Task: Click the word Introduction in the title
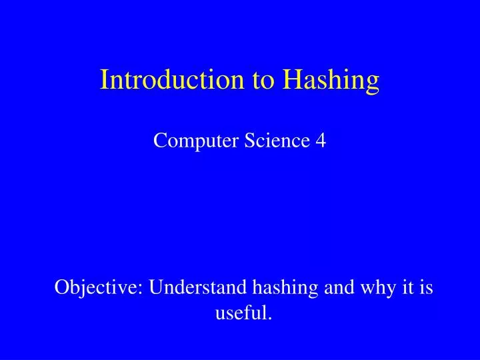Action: pyautogui.click(x=173, y=80)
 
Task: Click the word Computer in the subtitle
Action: pyautogui.click(x=187, y=141)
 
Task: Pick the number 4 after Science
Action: pyautogui.click(x=321, y=141)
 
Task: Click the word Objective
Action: pyautogui.click(x=97, y=288)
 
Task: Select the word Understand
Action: pyautogui.click(x=198, y=288)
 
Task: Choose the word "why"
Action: pyautogui.click(x=371, y=289)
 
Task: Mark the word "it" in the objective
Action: pyautogui.click(x=403, y=288)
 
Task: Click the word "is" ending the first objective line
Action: pyautogui.click(x=425, y=288)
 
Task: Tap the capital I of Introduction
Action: pyautogui.click(x=105, y=80)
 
